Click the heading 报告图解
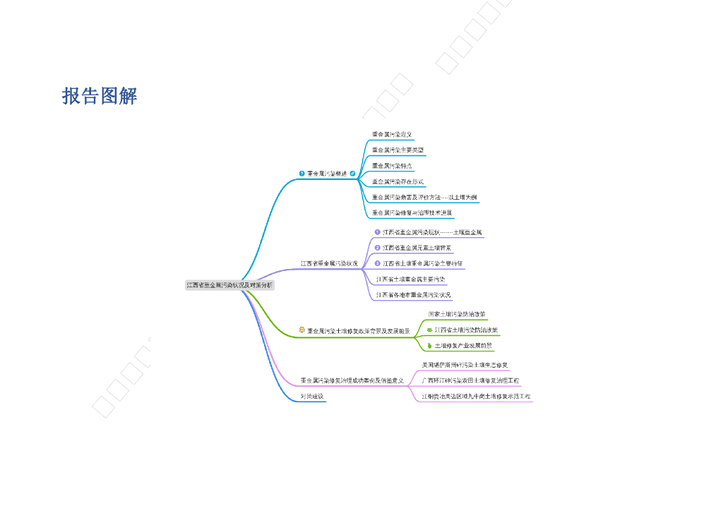(100, 96)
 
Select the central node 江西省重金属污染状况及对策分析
(229, 285)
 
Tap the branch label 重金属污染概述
(327, 173)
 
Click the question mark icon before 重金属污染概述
(302, 173)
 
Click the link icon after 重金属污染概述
(352, 173)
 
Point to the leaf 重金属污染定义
(392, 134)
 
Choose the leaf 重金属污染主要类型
(398, 150)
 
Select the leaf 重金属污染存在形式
(398, 181)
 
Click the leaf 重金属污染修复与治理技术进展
(412, 212)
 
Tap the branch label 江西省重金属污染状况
(329, 263)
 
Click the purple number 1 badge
(378, 232)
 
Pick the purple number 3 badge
(378, 263)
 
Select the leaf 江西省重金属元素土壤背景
(417, 248)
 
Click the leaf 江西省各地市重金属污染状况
(414, 295)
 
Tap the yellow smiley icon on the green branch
(302, 330)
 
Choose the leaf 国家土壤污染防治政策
(457, 313)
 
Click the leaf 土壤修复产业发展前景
(463, 346)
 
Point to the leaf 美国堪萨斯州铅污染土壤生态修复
(465, 365)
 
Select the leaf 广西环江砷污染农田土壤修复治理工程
(470, 380)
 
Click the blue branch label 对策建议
(312, 396)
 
